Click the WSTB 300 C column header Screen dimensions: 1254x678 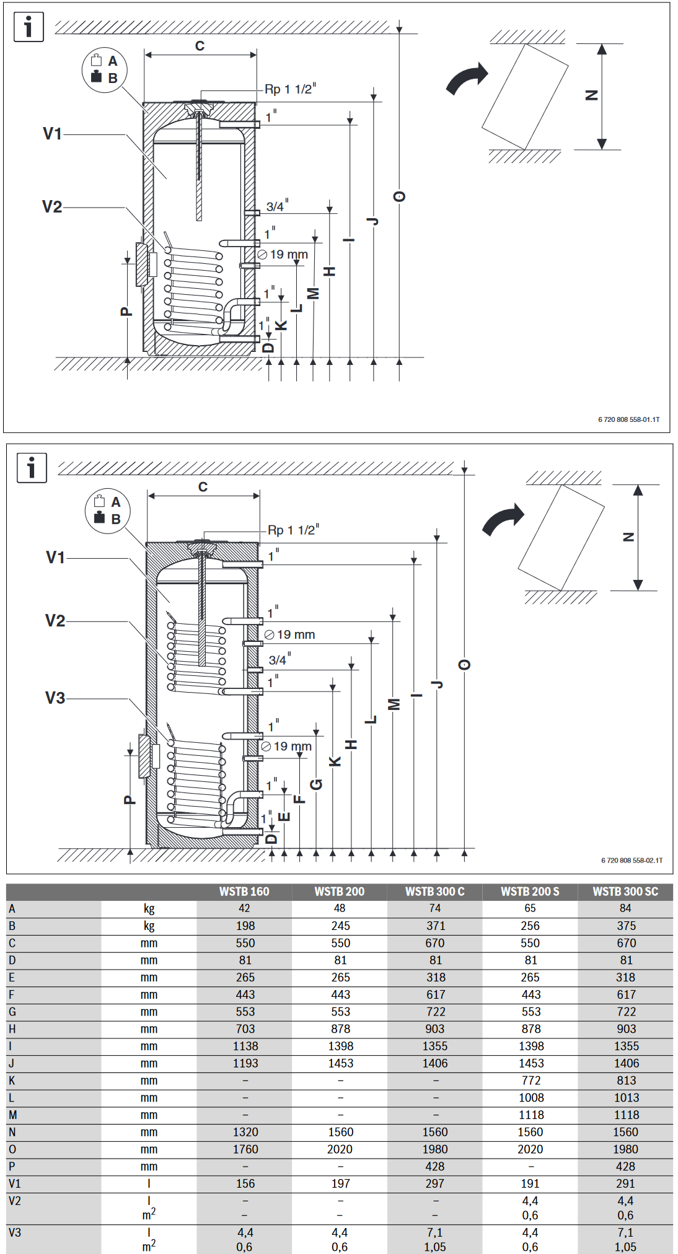[x=434, y=892]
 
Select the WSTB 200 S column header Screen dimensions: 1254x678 [x=530, y=892]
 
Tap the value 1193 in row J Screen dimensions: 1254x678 [x=245, y=1063]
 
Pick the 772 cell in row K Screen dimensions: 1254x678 [x=531, y=1081]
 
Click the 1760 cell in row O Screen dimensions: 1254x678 [x=245, y=1149]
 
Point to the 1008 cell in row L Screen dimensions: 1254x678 [x=531, y=1098]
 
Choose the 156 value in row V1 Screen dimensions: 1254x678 [x=245, y=1183]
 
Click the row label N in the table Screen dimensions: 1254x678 [x=12, y=1132]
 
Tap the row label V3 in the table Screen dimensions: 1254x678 [x=15, y=1232]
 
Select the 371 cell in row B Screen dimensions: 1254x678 [x=435, y=926]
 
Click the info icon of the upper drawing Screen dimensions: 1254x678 [x=29, y=27]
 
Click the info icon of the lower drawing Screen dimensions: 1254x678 [x=32, y=468]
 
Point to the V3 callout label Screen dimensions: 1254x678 [x=55, y=698]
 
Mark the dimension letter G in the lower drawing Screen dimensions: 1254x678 [x=316, y=785]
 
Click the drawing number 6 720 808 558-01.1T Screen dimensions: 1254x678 [x=628, y=419]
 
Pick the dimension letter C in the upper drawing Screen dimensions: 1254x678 [x=200, y=46]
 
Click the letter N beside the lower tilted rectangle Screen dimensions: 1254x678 [x=628, y=537]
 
